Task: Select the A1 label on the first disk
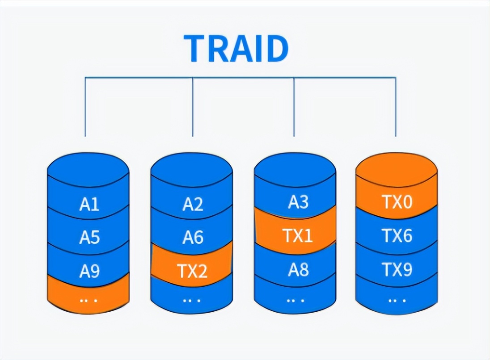89,205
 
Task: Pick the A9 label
89,271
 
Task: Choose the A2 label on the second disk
193,205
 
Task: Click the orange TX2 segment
192,271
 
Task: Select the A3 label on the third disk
298,202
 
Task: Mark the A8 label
298,269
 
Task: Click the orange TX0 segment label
397,202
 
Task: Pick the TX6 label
397,236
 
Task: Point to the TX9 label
397,269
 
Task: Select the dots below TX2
192,300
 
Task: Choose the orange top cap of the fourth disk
397,167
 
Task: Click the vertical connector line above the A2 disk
193,107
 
